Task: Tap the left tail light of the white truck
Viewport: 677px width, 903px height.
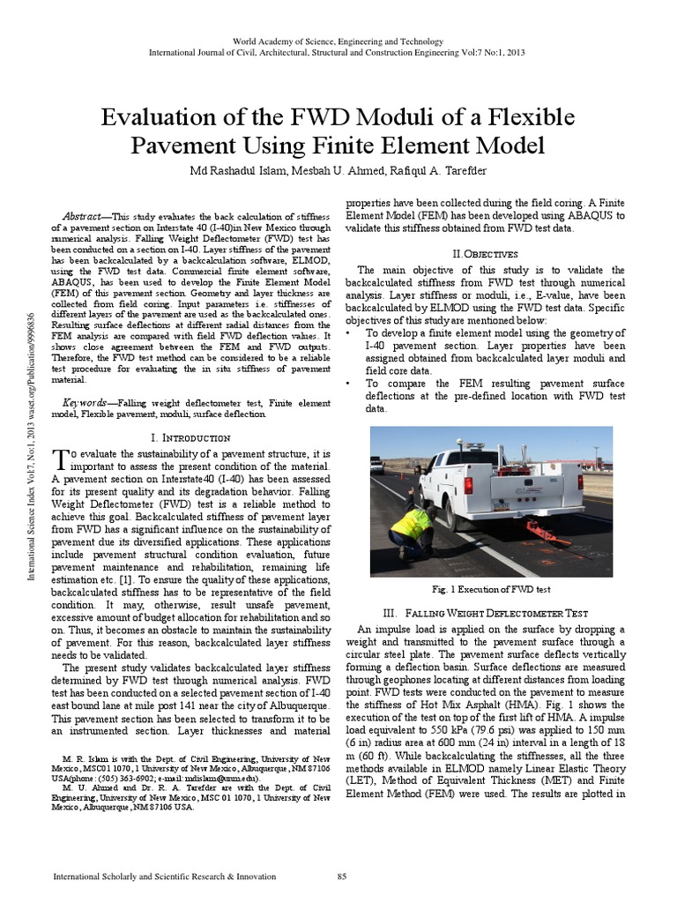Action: pos(468,486)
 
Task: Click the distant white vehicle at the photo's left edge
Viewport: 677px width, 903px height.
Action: pos(376,464)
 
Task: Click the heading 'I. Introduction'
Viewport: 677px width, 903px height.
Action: pos(191,437)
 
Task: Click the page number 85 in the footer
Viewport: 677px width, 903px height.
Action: pos(343,877)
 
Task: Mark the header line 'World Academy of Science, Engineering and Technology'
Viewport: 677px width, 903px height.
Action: pos(338,41)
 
